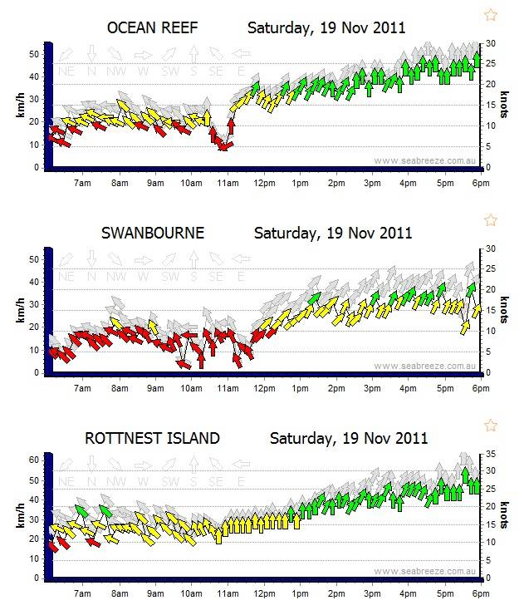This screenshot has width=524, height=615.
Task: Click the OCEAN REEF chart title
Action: (x=153, y=27)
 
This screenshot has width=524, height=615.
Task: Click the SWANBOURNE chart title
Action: (x=154, y=233)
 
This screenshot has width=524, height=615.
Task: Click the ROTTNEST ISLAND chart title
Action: (x=153, y=438)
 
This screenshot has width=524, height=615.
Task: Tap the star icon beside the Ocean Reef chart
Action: (x=491, y=14)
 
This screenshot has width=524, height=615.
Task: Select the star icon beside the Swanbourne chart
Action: (x=491, y=219)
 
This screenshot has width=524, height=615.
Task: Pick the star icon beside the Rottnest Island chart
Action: (x=491, y=425)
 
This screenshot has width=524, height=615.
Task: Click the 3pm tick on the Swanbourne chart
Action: (x=371, y=386)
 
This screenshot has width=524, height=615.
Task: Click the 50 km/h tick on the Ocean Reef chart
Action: (x=35, y=53)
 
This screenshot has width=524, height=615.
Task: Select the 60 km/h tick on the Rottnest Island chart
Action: (x=35, y=460)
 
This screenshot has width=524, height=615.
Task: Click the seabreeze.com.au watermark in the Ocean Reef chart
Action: (x=424, y=161)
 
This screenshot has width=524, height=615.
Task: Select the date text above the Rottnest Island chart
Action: (x=349, y=438)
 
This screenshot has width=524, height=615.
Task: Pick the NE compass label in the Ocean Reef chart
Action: (x=66, y=72)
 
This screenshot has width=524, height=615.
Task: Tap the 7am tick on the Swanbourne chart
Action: (x=81, y=386)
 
